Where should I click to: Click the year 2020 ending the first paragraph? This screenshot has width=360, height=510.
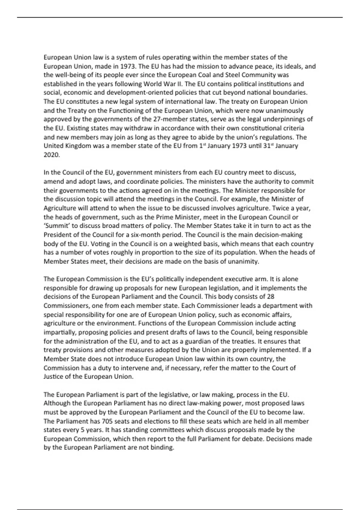51,155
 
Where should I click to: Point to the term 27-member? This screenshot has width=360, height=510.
170,119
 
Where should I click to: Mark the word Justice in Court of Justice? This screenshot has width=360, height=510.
54,377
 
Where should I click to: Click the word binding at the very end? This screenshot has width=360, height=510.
163,448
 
